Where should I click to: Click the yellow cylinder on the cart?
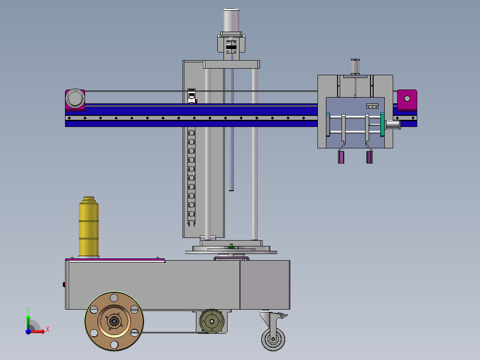coord(88,227)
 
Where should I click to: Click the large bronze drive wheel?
coord(114,321)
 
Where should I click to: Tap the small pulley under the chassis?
coord(212,321)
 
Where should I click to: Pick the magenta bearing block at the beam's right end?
coord(407,100)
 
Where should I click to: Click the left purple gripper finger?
coord(342,157)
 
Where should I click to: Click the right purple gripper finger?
coord(369,157)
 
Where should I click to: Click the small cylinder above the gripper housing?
coord(355,67)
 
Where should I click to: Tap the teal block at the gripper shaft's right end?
coord(382,125)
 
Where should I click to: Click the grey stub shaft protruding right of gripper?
coord(393,125)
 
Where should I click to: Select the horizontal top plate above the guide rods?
coord(232,65)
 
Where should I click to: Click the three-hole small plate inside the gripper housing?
coord(372,106)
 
